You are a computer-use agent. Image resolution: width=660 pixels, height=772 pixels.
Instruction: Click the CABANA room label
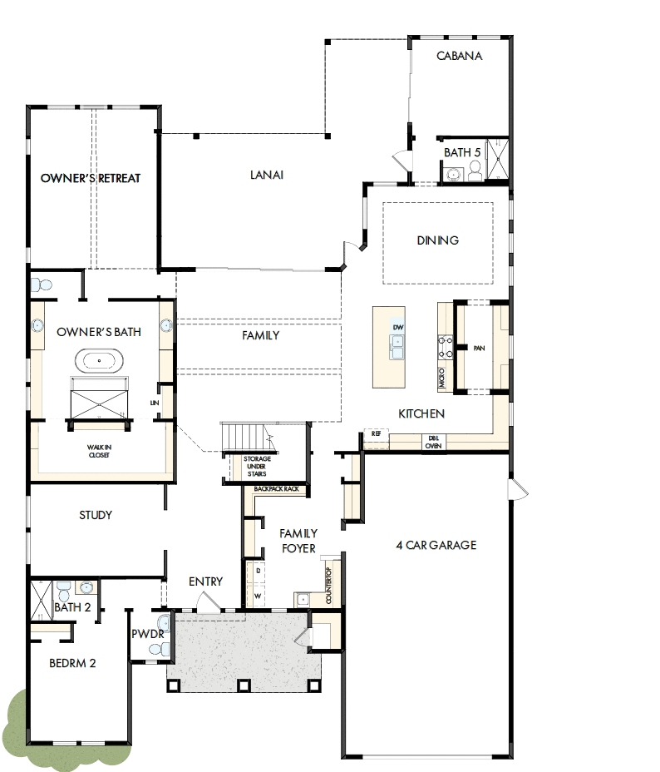[460, 57]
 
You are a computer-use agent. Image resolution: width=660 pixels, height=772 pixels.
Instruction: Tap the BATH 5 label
[462, 153]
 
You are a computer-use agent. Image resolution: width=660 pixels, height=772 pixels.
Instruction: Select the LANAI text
[267, 175]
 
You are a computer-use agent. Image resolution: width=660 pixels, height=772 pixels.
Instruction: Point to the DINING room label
[437, 240]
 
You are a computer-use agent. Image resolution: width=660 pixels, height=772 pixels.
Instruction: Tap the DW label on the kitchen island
[398, 328]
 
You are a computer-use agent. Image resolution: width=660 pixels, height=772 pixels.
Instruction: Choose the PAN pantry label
[479, 349]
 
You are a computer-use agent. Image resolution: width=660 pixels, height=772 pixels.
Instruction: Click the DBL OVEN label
[434, 442]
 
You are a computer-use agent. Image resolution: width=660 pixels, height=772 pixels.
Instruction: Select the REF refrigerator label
[377, 433]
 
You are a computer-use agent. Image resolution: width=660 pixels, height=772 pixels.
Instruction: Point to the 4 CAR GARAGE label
[436, 545]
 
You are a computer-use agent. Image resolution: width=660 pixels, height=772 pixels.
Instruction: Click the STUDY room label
[96, 515]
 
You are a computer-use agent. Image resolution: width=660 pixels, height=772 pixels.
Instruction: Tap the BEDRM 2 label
[72, 663]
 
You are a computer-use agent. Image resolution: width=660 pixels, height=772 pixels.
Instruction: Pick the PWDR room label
[146, 634]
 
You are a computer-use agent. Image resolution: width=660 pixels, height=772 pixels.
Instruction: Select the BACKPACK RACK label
[277, 488]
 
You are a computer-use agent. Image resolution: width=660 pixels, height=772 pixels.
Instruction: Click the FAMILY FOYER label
[298, 540]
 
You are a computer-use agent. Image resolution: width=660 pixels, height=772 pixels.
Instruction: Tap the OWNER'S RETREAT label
[91, 178]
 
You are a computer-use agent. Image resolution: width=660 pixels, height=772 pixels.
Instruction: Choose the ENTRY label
[205, 581]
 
